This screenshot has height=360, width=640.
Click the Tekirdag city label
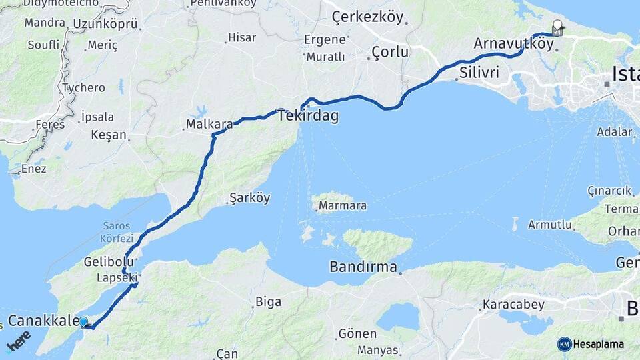click(309, 116)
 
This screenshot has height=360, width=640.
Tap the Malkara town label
click(209, 124)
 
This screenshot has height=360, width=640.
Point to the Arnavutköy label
click(513, 44)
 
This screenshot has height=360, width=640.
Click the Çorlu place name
click(389, 51)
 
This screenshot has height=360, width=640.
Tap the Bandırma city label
click(363, 267)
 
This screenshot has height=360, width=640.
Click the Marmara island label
click(342, 205)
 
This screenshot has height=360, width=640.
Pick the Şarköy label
click(249, 198)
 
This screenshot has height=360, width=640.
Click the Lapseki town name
click(117, 277)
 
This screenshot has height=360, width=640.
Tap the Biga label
click(268, 302)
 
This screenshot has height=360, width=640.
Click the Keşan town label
click(109, 135)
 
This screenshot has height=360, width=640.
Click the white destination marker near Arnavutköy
click(557, 28)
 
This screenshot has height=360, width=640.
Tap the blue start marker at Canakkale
click(84, 322)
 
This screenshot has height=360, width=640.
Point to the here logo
click(18, 343)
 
